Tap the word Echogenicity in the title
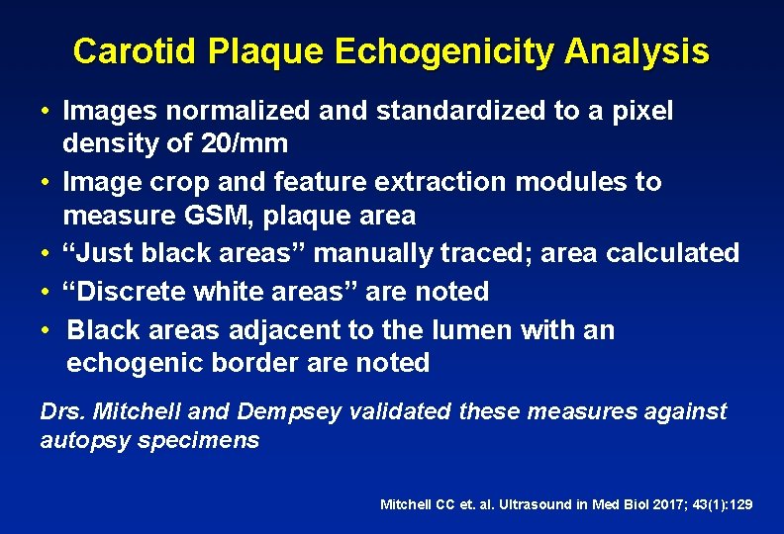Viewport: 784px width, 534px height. point(443,51)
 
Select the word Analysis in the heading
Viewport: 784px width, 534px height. point(637,51)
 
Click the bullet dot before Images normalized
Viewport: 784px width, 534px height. point(47,112)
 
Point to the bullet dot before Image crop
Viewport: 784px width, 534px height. point(47,183)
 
